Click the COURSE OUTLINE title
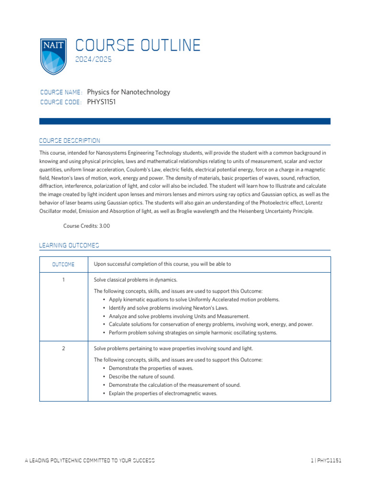pyautogui.click(x=138, y=45)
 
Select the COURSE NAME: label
pyautogui.click(x=61, y=92)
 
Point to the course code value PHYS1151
pyautogui.click(x=101, y=102)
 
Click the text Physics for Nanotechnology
pyautogui.click(x=129, y=92)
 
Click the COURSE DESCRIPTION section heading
pyautogui.click(x=70, y=141)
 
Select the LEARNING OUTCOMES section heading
pyautogui.click(x=69, y=245)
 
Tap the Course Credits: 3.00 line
pyautogui.click(x=86, y=226)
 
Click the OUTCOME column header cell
pyautogui.click(x=64, y=264)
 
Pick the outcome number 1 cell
pyautogui.click(x=64, y=279)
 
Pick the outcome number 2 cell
pyautogui.click(x=64, y=348)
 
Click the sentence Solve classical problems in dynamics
pyautogui.click(x=136, y=279)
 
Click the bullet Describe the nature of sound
pyautogui.click(x=141, y=376)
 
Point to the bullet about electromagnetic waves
pyautogui.click(x=163, y=393)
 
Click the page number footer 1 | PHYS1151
pyautogui.click(x=325, y=461)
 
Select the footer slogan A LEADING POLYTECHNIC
pyautogui.click(x=89, y=461)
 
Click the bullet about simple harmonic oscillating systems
pyautogui.click(x=193, y=332)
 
